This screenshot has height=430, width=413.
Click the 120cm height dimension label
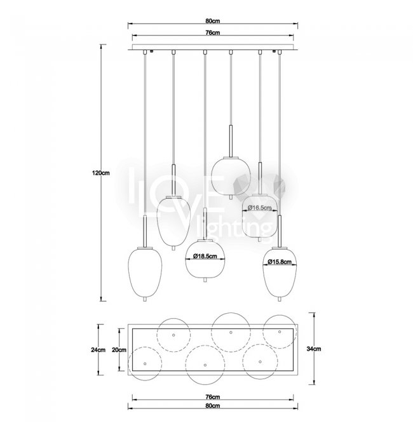point(101,173)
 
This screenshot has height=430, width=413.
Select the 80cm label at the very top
point(213,21)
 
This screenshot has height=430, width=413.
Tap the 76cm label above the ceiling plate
point(213,32)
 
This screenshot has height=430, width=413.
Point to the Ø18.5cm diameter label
point(205,256)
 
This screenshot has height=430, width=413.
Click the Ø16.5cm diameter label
point(260,208)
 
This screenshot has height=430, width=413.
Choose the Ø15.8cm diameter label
point(280,262)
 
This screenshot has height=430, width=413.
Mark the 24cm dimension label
point(98,349)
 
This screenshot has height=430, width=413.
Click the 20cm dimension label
point(119,349)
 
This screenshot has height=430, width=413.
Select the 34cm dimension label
point(314,349)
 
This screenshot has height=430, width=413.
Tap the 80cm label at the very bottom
point(213,406)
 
